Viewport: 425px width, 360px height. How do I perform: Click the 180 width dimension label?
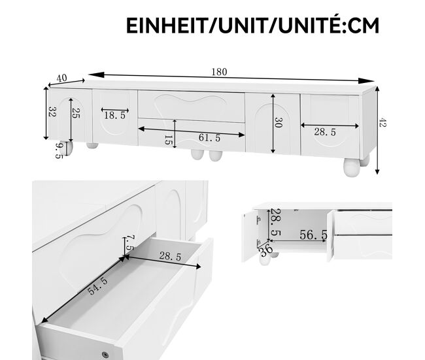point(219,72)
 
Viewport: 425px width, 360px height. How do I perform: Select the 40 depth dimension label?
point(61,78)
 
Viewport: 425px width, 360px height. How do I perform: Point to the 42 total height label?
point(382,122)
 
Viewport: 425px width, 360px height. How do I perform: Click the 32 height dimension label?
point(52,111)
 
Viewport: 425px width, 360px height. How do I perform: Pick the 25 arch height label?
point(76,113)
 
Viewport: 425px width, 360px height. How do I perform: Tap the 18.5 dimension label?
point(115,116)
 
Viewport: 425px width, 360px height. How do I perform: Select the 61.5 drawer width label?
point(209,138)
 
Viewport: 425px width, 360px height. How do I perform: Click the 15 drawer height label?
point(168,140)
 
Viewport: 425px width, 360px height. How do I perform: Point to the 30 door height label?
point(279,122)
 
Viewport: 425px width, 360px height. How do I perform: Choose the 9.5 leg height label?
point(59,151)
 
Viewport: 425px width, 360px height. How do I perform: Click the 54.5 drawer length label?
point(97,286)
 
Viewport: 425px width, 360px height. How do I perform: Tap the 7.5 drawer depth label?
point(130,242)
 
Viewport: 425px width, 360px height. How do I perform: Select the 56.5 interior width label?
point(313,235)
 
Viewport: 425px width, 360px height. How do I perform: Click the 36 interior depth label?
point(266,250)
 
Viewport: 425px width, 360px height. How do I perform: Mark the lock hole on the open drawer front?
point(105,354)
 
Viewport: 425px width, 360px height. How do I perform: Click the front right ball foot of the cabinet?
point(352,167)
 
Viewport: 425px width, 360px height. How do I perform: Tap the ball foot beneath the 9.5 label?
point(68,148)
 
